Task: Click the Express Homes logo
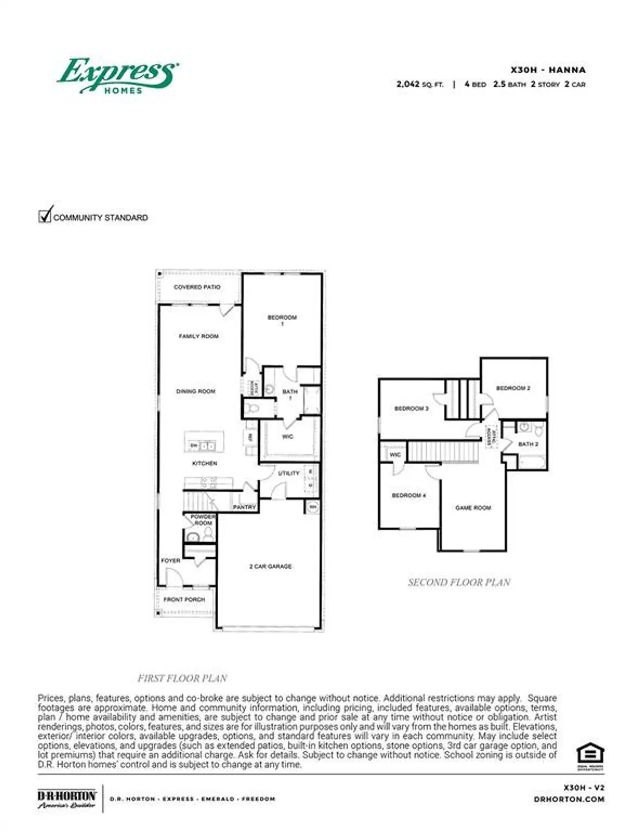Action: (x=118, y=76)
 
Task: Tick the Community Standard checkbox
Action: (x=45, y=216)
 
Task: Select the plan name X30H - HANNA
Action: (x=548, y=70)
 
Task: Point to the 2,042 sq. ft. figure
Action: (x=420, y=84)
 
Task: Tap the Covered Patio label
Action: (x=197, y=287)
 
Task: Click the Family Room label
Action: (x=199, y=336)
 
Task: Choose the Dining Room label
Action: (x=196, y=391)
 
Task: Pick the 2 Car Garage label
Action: (x=270, y=567)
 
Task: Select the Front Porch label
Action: (x=184, y=600)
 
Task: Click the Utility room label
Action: (x=288, y=473)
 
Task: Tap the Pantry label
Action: (x=244, y=507)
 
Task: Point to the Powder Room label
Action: (x=203, y=520)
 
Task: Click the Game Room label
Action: (x=473, y=508)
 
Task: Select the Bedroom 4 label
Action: (x=409, y=495)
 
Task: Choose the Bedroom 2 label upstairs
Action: (x=513, y=388)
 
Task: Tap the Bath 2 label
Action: (x=528, y=444)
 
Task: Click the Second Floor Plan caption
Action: (x=459, y=583)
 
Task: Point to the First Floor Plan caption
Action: (x=183, y=678)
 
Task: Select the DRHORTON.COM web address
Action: (x=569, y=799)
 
